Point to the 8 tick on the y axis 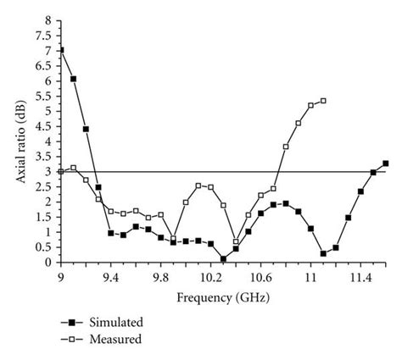[x=47, y=20]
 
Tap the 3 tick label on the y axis [x=47, y=172]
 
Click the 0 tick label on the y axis [x=47, y=263]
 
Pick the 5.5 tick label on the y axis [x=43, y=96]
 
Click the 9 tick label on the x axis [x=60, y=276]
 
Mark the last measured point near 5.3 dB [x=323, y=101]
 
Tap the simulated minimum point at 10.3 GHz [x=223, y=259]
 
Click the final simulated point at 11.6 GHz [x=386, y=163]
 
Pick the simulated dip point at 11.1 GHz [x=323, y=253]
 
